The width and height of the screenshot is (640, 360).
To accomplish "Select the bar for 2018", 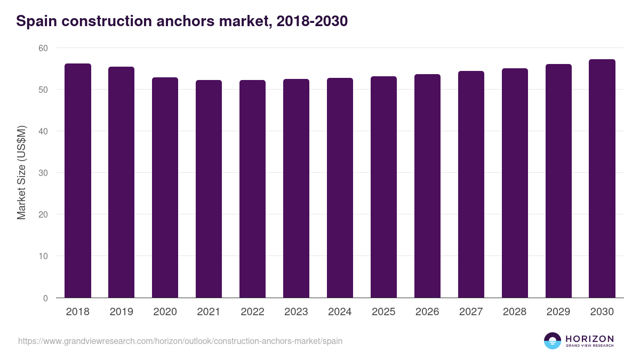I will point(78,181).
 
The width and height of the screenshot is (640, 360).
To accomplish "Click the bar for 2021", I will point(209,189).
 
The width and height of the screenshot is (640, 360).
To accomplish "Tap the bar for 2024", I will point(340,188).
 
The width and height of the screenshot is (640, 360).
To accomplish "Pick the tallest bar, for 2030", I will point(602,179).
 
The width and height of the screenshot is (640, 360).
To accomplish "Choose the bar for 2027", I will point(471,185).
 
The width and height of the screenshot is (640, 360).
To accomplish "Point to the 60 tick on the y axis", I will point(43,48).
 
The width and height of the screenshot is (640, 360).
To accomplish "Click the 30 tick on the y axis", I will point(43,173).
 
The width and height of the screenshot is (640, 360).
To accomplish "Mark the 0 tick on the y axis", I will point(45,298).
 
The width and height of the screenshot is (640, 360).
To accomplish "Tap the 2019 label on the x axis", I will point(122,312).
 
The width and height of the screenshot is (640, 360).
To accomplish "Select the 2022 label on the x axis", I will point(252,312).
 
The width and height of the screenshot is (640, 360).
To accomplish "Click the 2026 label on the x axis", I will point(427,312).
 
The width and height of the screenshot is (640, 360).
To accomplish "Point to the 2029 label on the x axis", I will point(558,312).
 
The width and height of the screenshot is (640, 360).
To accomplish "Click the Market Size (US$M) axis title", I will point(22,173).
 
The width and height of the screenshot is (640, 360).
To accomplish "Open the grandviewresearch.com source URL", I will point(180,341).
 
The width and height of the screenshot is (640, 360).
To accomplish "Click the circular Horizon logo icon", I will point(553,341).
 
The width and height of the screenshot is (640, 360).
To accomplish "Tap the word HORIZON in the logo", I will point(589,339).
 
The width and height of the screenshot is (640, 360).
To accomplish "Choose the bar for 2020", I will point(165,188).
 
